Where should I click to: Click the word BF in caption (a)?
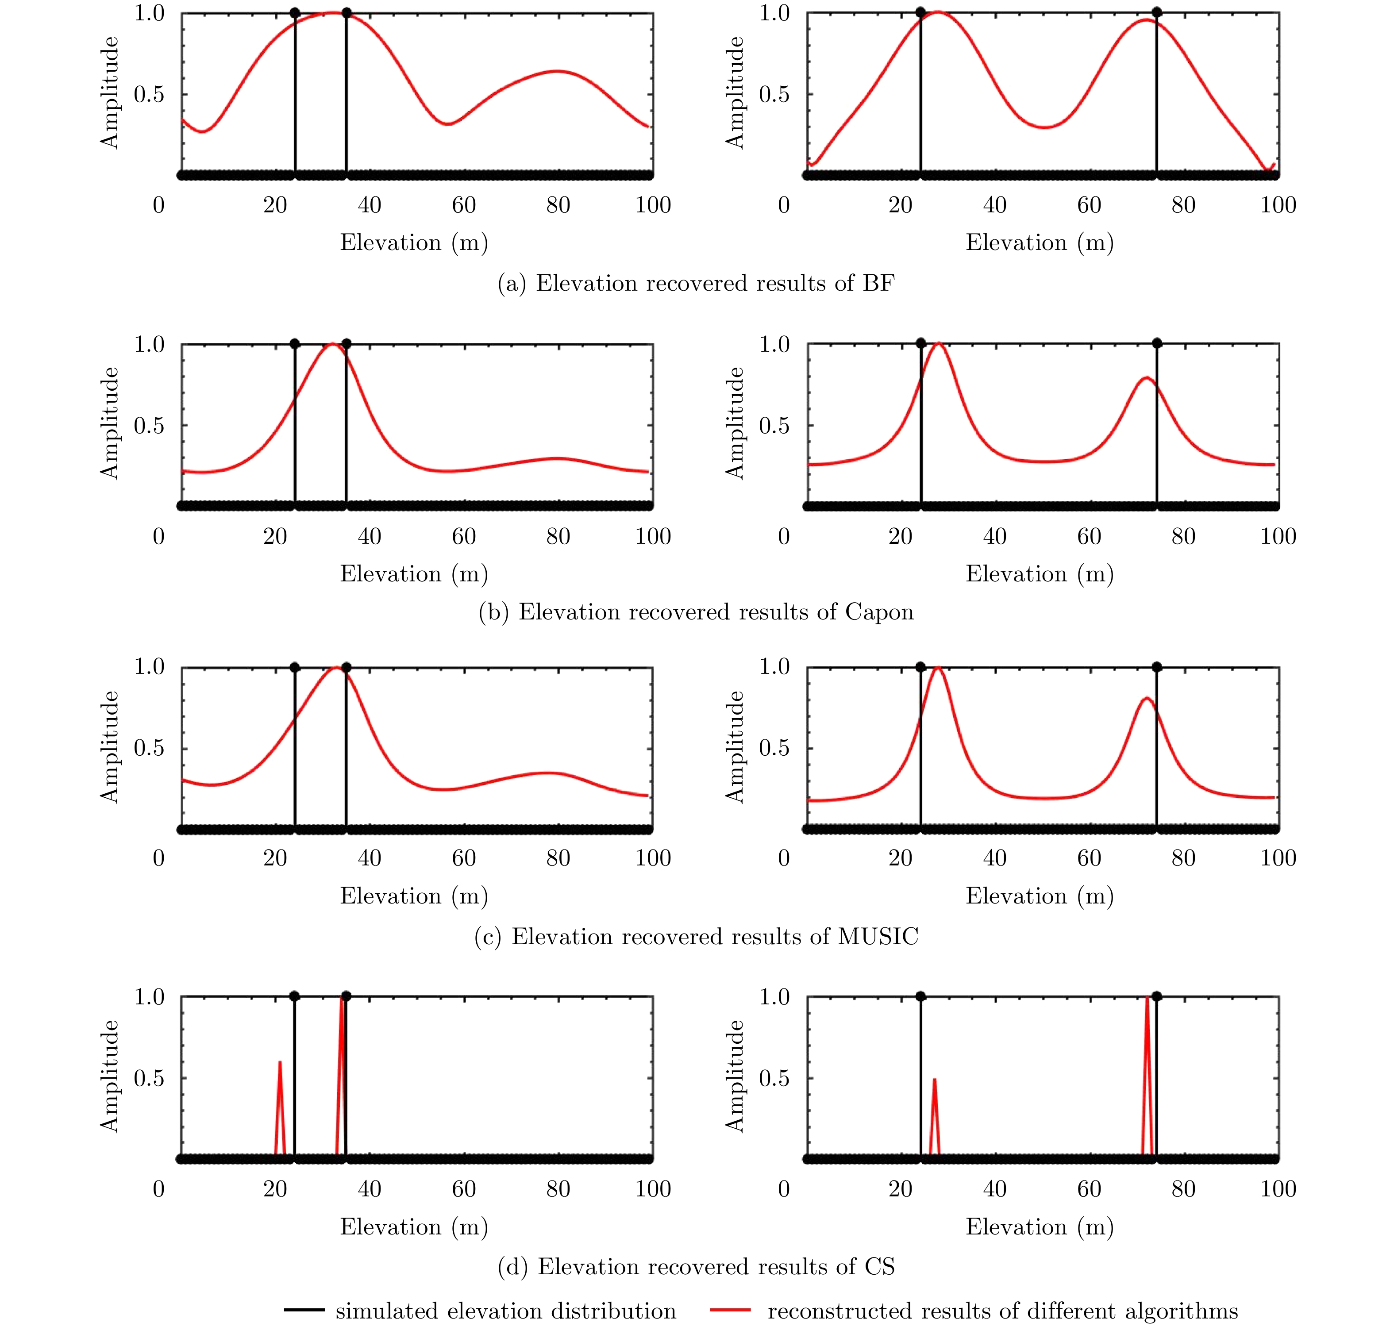point(879,283)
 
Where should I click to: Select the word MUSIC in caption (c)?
point(878,937)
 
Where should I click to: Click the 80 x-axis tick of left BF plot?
point(558,205)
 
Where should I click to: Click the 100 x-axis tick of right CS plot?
point(1278,1189)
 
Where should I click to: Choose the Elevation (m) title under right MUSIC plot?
point(1039,896)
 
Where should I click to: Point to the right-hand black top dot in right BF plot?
point(1156,12)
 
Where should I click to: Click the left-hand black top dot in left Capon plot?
point(295,343)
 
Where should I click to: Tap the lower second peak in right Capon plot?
point(1146,378)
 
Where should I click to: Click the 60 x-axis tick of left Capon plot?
point(464,536)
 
